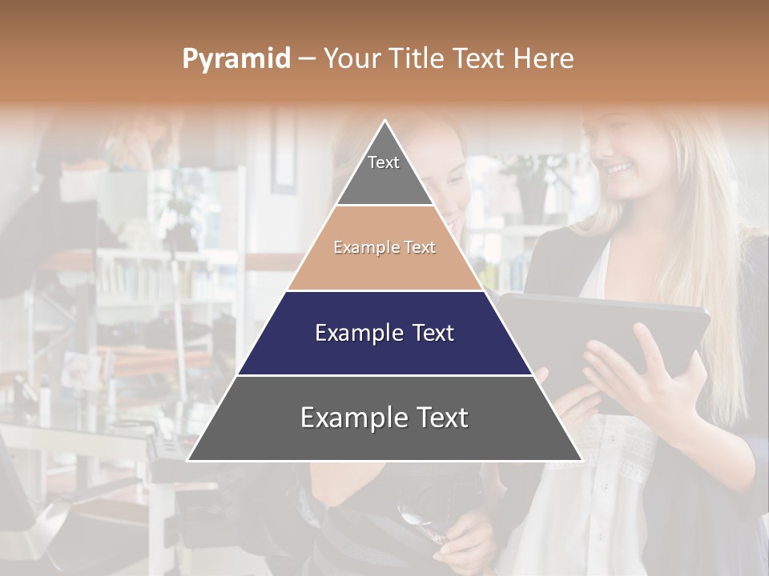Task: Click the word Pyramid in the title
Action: [236, 59]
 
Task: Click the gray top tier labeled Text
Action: [384, 172]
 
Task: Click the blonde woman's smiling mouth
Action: [618, 169]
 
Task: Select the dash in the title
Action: [305, 59]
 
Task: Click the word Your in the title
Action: [350, 58]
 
